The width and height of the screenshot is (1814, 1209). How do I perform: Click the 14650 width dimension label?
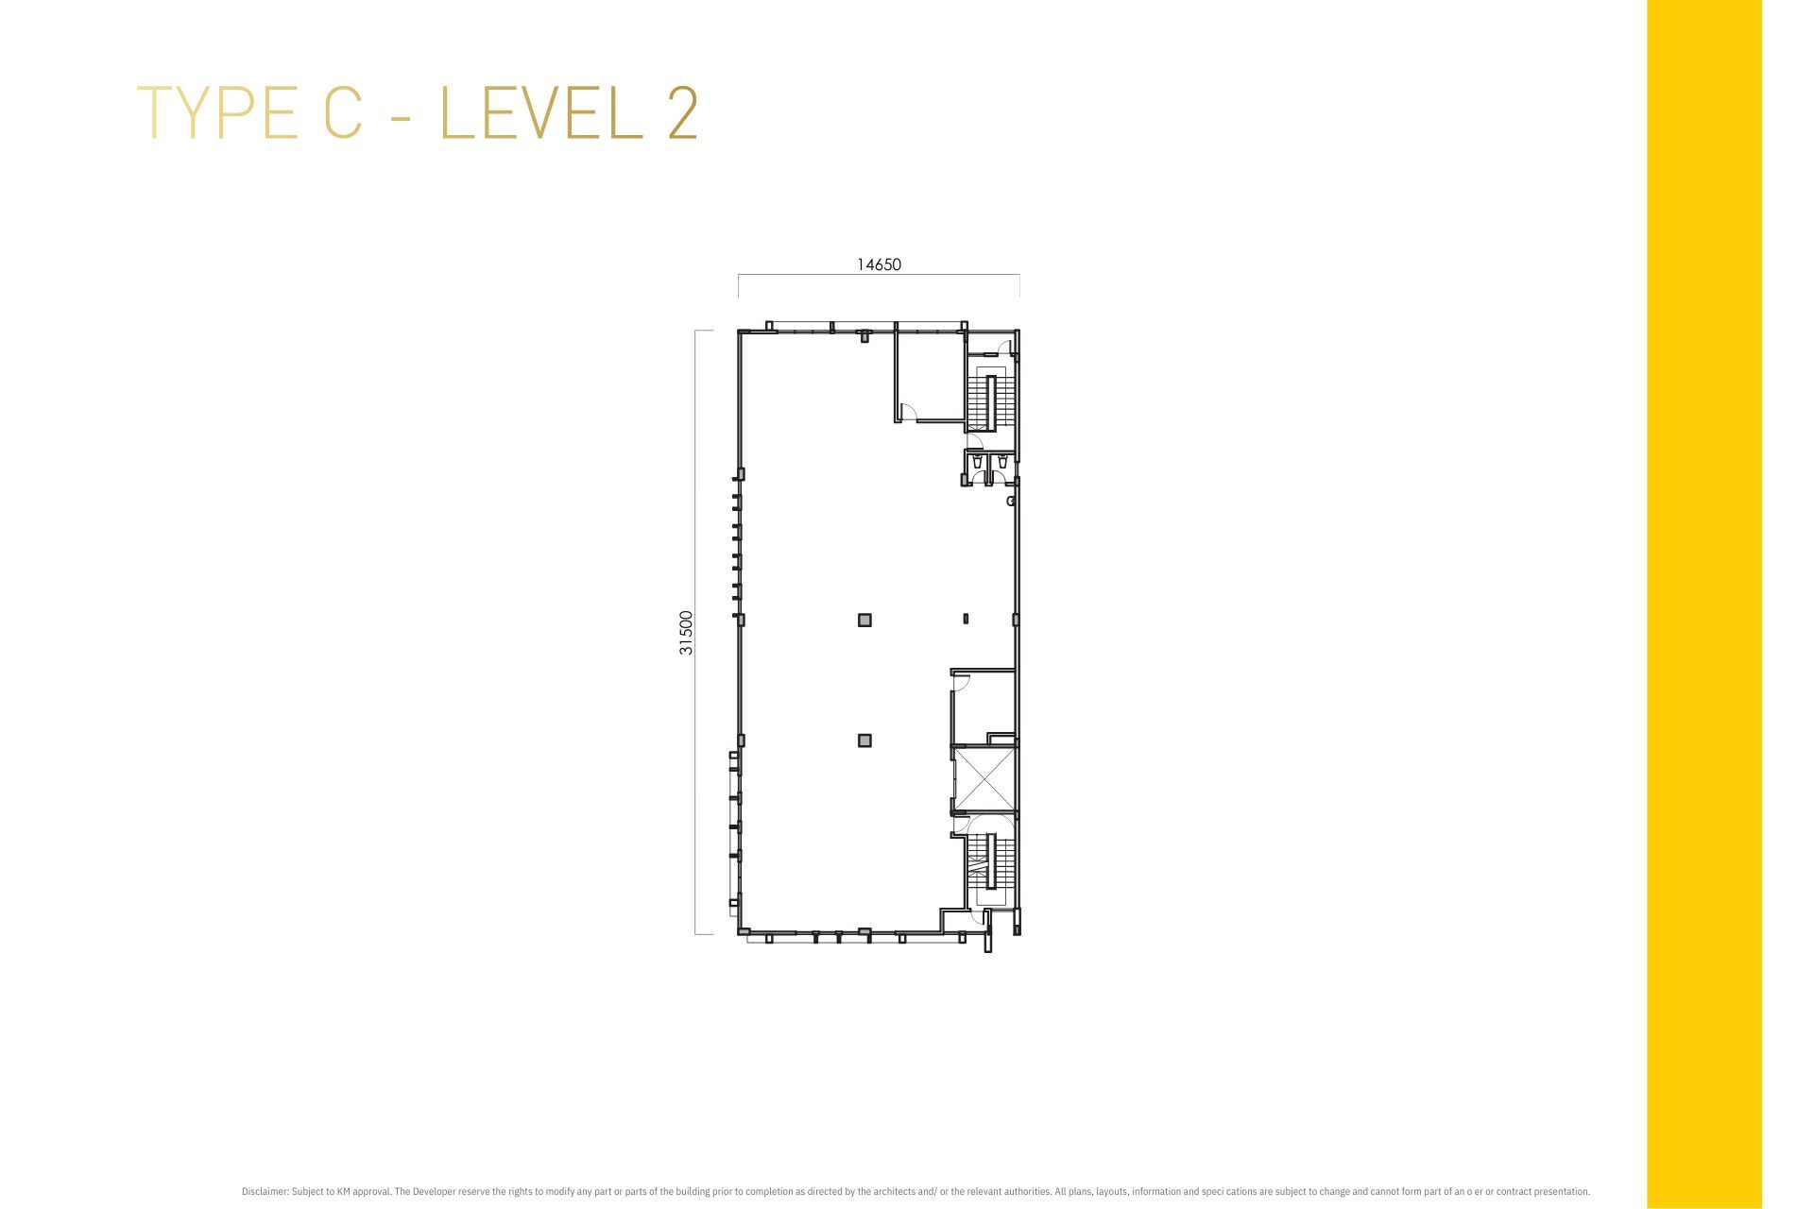pyautogui.click(x=879, y=264)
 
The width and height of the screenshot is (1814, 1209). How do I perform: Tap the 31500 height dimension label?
pyautogui.click(x=687, y=633)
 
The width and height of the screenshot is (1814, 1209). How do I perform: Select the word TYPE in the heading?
pyautogui.click(x=218, y=113)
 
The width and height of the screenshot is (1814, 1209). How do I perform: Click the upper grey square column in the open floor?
pyautogui.click(x=864, y=620)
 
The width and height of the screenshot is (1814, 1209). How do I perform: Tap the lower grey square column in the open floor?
pyautogui.click(x=864, y=741)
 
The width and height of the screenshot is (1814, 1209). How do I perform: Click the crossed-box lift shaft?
pyautogui.click(x=984, y=779)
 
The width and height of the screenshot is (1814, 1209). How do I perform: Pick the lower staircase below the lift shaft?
pyautogui.click(x=991, y=860)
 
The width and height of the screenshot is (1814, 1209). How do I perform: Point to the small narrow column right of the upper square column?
pyautogui.click(x=966, y=620)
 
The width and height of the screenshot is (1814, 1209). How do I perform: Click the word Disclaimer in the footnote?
pyautogui.click(x=264, y=1192)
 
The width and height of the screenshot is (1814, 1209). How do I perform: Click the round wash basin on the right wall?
pyautogui.click(x=1011, y=501)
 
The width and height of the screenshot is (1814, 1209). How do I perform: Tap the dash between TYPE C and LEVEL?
pyautogui.click(x=401, y=115)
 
